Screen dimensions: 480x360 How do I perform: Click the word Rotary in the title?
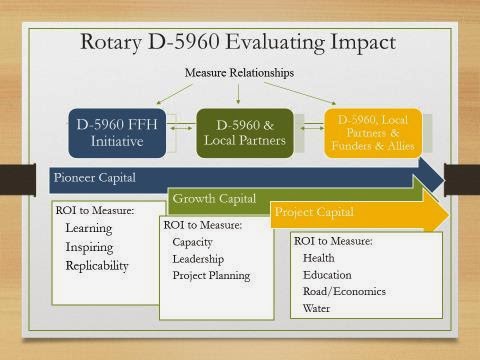tap(111, 43)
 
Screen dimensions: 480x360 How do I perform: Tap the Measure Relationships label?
tap(239, 73)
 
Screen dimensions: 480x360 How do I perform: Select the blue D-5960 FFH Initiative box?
tap(117, 133)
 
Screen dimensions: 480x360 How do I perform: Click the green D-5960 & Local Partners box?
tap(245, 133)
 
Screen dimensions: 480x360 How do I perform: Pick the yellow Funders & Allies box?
tap(373, 133)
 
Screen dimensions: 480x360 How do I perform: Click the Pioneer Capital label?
tap(95, 178)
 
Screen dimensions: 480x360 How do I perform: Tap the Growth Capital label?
tap(214, 199)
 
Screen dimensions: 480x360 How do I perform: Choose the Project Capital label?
tap(314, 212)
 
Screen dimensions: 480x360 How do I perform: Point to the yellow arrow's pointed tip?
tap(449, 215)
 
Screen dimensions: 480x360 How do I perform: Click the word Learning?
tap(89, 228)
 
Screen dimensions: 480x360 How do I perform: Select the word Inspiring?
tap(89, 247)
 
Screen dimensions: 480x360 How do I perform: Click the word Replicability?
tap(97, 266)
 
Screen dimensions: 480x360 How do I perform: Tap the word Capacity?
tap(192, 242)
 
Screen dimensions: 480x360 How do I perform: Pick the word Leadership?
tap(198, 259)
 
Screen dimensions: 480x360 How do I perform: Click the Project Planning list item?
tap(211, 276)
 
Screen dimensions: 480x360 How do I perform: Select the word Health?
tap(318, 258)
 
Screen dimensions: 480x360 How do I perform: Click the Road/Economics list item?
tap(344, 291)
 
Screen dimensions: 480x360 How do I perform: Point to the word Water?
tap(316, 308)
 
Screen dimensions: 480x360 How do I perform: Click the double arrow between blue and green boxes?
tap(181, 128)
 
